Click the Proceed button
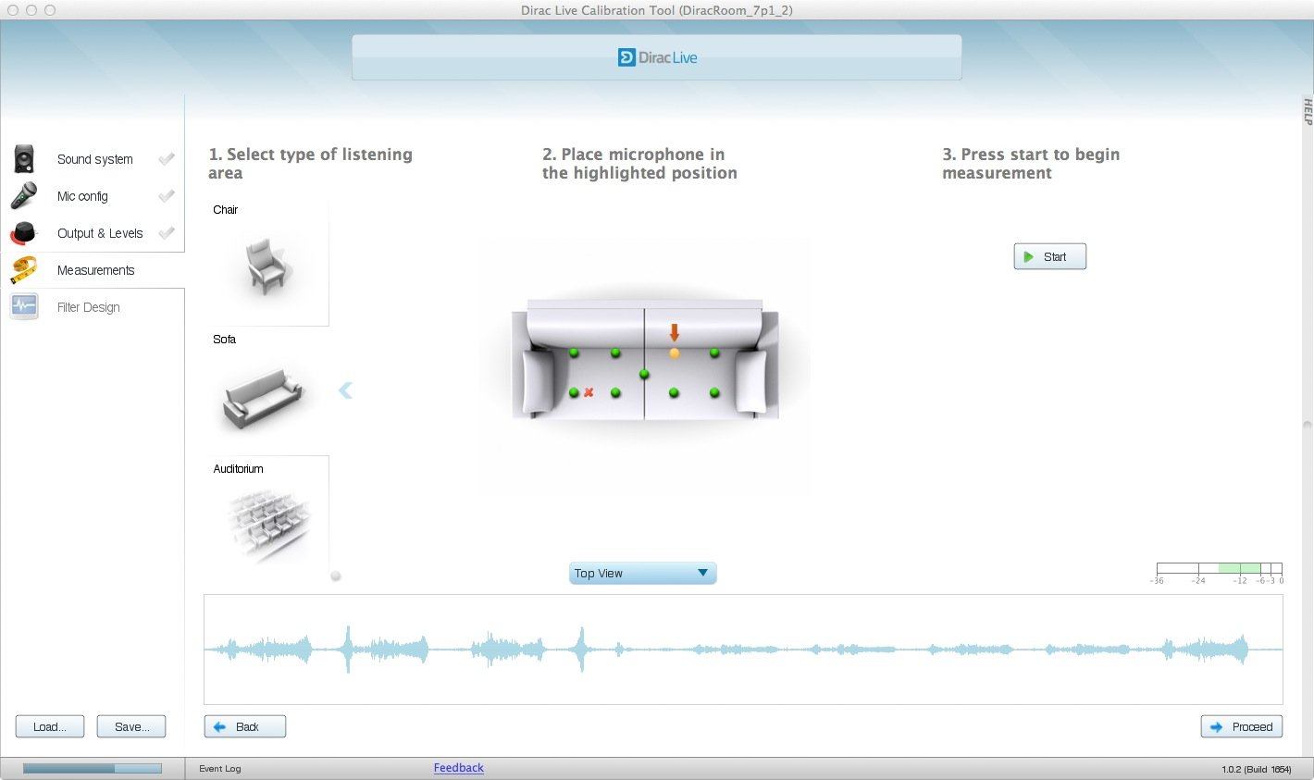tap(1241, 726)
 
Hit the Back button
tap(244, 726)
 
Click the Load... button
tap(50, 726)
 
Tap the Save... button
tap(131, 726)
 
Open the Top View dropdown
tap(642, 573)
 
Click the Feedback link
tap(459, 768)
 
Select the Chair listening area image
tap(267, 266)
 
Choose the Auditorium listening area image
tap(269, 523)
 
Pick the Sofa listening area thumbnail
tap(262, 396)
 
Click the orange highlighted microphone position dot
tap(675, 353)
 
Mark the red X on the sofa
tap(589, 392)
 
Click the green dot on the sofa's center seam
tap(644, 374)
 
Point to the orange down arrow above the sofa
tap(675, 332)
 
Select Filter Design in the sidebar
tap(89, 307)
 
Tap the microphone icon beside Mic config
tap(24, 196)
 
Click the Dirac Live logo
tap(657, 57)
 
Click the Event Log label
tap(220, 768)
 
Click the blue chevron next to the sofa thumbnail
tap(345, 390)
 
